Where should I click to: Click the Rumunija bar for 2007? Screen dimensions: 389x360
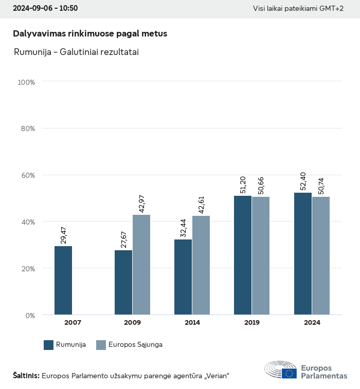point(63,281)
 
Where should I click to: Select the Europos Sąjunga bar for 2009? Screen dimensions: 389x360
point(141,265)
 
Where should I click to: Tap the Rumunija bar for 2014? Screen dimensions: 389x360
point(183,277)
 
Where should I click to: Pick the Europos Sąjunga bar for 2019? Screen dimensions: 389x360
point(261,256)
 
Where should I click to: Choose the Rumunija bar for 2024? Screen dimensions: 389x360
point(303,254)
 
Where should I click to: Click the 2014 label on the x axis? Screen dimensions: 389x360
point(192,323)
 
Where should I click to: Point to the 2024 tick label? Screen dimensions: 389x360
point(312,323)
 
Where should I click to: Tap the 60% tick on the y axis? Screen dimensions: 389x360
point(27,175)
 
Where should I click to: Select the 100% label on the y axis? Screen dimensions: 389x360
point(26,82)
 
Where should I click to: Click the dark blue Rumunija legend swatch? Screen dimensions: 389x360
point(49,345)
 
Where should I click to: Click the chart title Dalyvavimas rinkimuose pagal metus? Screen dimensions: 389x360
point(90,33)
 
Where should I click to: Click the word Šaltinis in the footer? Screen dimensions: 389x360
point(26,376)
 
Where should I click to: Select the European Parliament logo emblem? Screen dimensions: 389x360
point(281,369)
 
